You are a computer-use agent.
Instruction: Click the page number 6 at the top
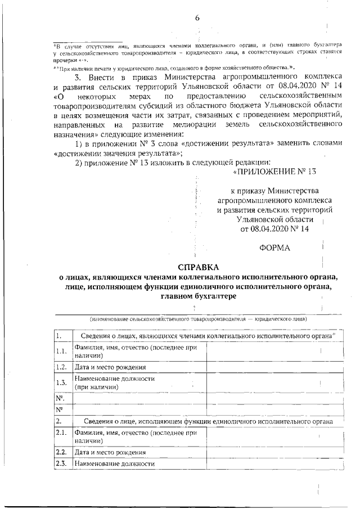197,17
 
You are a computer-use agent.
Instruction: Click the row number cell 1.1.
62,352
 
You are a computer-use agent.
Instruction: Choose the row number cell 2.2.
62,452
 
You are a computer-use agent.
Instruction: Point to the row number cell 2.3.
62,463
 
